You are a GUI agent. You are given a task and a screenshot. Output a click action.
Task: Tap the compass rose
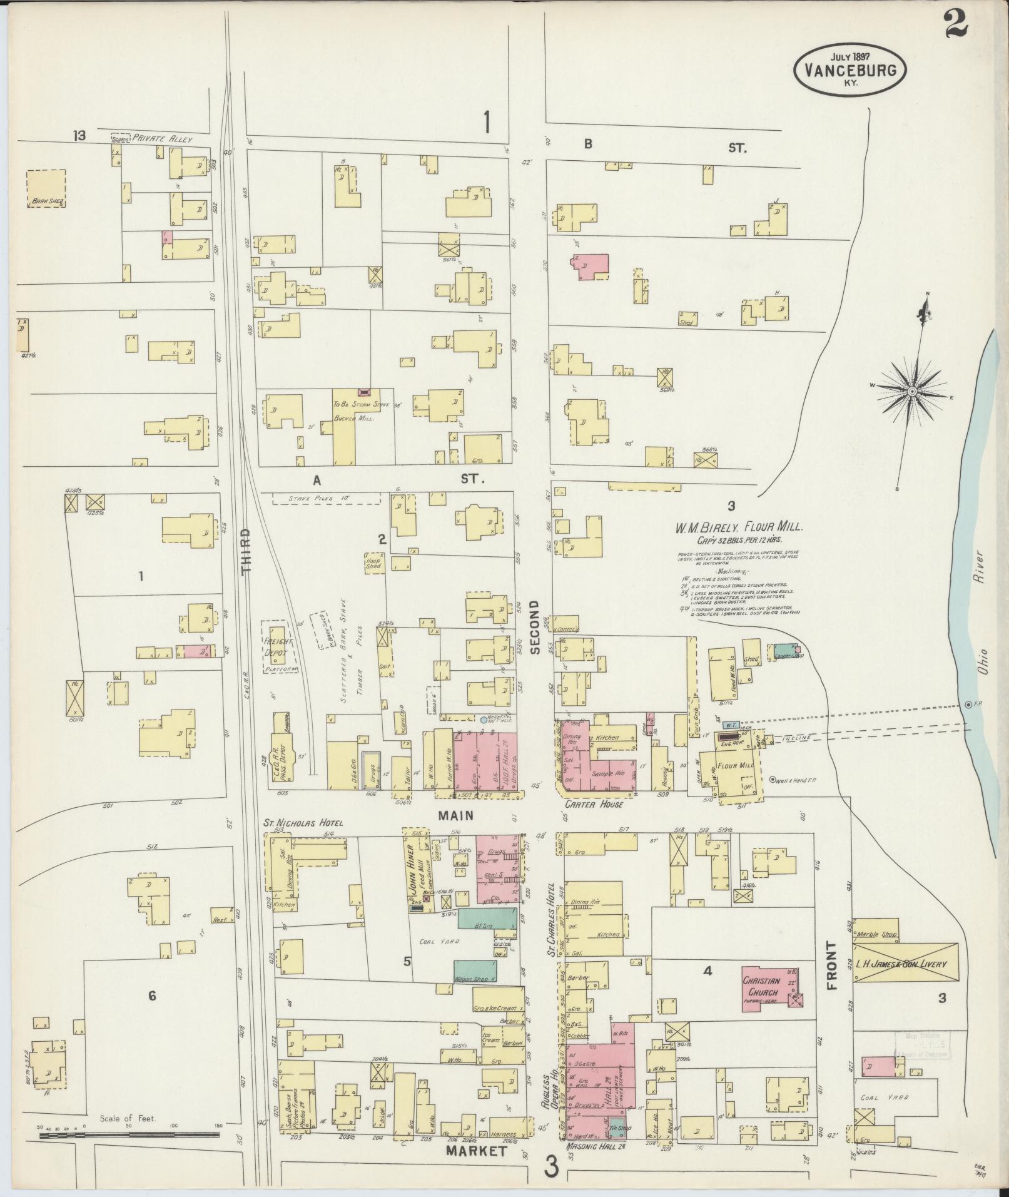click(x=911, y=392)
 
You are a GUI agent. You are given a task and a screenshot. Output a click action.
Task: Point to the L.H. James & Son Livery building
click(x=906, y=964)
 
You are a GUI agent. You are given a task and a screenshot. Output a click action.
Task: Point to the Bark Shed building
click(x=46, y=188)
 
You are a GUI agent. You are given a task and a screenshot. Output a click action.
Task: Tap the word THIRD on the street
click(x=246, y=550)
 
